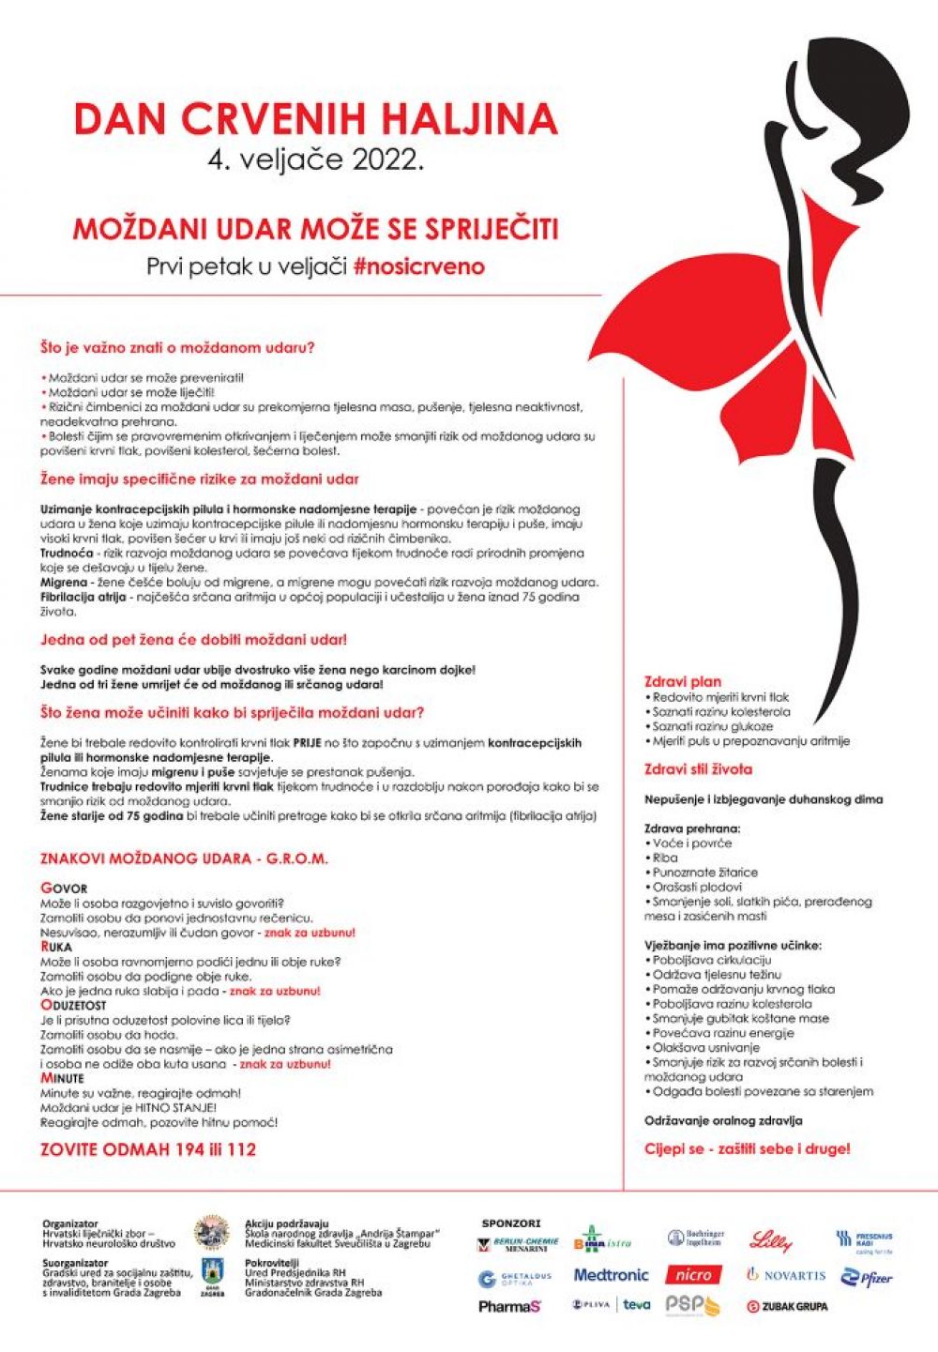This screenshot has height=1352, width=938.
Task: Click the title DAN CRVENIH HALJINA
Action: (x=315, y=119)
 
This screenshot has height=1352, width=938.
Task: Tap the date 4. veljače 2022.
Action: (x=315, y=160)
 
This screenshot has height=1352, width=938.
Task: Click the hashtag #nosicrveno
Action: (x=419, y=266)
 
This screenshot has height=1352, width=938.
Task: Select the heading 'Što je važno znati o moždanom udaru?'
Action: (x=177, y=347)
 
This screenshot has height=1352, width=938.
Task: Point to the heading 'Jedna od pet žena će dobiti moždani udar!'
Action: (x=193, y=640)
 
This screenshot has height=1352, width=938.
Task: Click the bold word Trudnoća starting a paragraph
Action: (x=66, y=554)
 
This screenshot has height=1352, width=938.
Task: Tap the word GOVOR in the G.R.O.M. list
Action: (x=64, y=889)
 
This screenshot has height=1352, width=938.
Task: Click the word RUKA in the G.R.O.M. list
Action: (x=56, y=947)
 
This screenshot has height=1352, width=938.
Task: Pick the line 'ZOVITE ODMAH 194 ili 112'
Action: (x=148, y=1149)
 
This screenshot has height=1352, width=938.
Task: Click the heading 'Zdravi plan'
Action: (x=683, y=682)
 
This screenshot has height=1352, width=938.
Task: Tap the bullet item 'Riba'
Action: (x=665, y=858)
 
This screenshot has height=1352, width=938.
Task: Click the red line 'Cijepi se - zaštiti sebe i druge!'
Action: (x=747, y=1148)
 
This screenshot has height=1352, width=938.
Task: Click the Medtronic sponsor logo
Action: (x=611, y=1275)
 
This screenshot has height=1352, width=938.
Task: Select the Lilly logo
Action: (x=771, y=1241)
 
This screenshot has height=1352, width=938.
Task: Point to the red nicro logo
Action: (x=694, y=1275)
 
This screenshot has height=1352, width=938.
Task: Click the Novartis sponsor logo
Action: (x=786, y=1275)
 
